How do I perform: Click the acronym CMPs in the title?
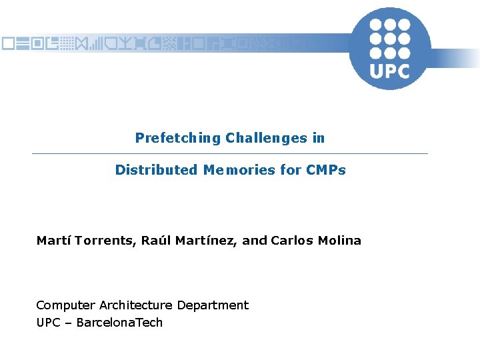[x=326, y=170]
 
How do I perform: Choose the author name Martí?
[x=54, y=241]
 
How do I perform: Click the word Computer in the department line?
[x=65, y=305]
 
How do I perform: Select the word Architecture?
[x=136, y=305]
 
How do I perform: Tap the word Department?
[x=213, y=305]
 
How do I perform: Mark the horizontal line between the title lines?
[x=230, y=154]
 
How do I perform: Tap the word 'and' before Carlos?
[x=255, y=241]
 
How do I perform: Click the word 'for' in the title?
[x=291, y=170]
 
